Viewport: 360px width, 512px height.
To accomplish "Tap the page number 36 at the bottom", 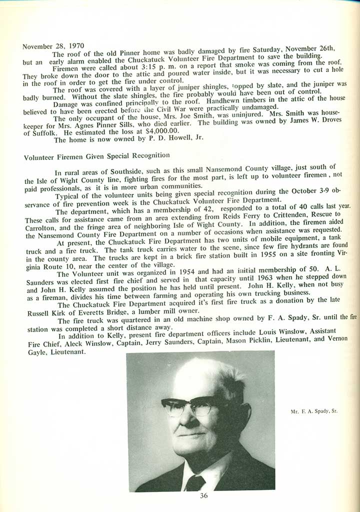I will tap(203, 496).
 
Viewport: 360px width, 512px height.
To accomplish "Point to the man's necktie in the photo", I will tap(195, 483).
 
